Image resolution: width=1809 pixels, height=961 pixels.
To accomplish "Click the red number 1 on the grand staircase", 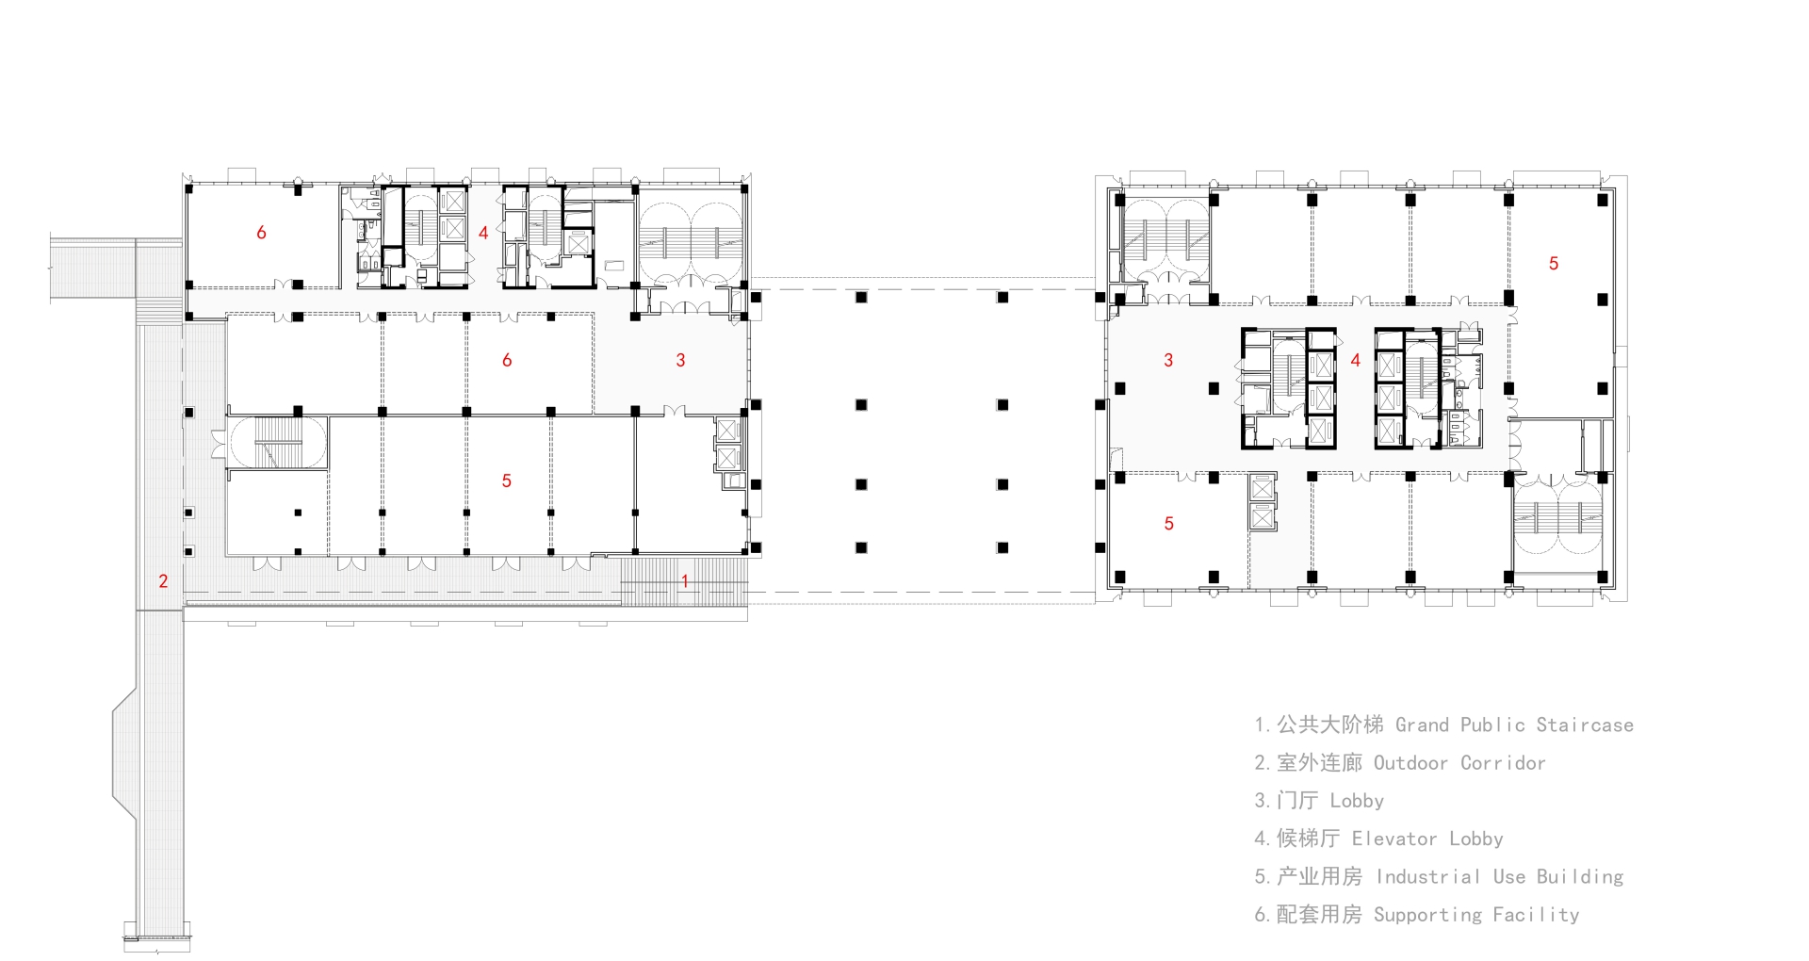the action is click(685, 581).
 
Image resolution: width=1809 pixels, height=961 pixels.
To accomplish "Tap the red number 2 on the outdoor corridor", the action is click(163, 581).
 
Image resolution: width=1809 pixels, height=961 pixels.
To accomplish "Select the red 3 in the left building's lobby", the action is click(680, 360).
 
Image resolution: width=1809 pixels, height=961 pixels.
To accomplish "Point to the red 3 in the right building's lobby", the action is click(1168, 360).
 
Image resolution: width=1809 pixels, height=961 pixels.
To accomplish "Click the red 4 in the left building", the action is click(483, 233).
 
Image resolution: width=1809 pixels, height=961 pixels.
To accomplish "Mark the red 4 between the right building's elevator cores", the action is click(1355, 360).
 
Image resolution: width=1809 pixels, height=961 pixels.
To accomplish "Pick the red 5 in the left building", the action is click(506, 481).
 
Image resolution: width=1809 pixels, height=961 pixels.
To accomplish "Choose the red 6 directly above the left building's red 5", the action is click(507, 360).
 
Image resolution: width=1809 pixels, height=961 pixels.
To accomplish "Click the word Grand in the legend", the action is click(1422, 725).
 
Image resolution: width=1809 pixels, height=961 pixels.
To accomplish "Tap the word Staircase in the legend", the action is click(1585, 725).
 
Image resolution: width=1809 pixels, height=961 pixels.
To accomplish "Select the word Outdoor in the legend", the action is click(1410, 763).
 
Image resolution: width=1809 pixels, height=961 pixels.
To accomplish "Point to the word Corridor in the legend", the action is click(1503, 763).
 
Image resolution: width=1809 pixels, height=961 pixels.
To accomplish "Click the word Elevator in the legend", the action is click(1394, 839).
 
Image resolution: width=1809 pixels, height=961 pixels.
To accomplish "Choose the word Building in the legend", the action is click(1580, 877).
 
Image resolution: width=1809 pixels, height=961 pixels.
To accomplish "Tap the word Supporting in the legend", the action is click(1427, 915).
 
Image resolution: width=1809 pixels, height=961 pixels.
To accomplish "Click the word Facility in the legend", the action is click(1536, 915).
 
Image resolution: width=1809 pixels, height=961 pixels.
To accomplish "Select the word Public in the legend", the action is click(1492, 725).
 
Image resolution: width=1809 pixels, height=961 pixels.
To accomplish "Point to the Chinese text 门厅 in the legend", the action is click(1297, 801).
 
